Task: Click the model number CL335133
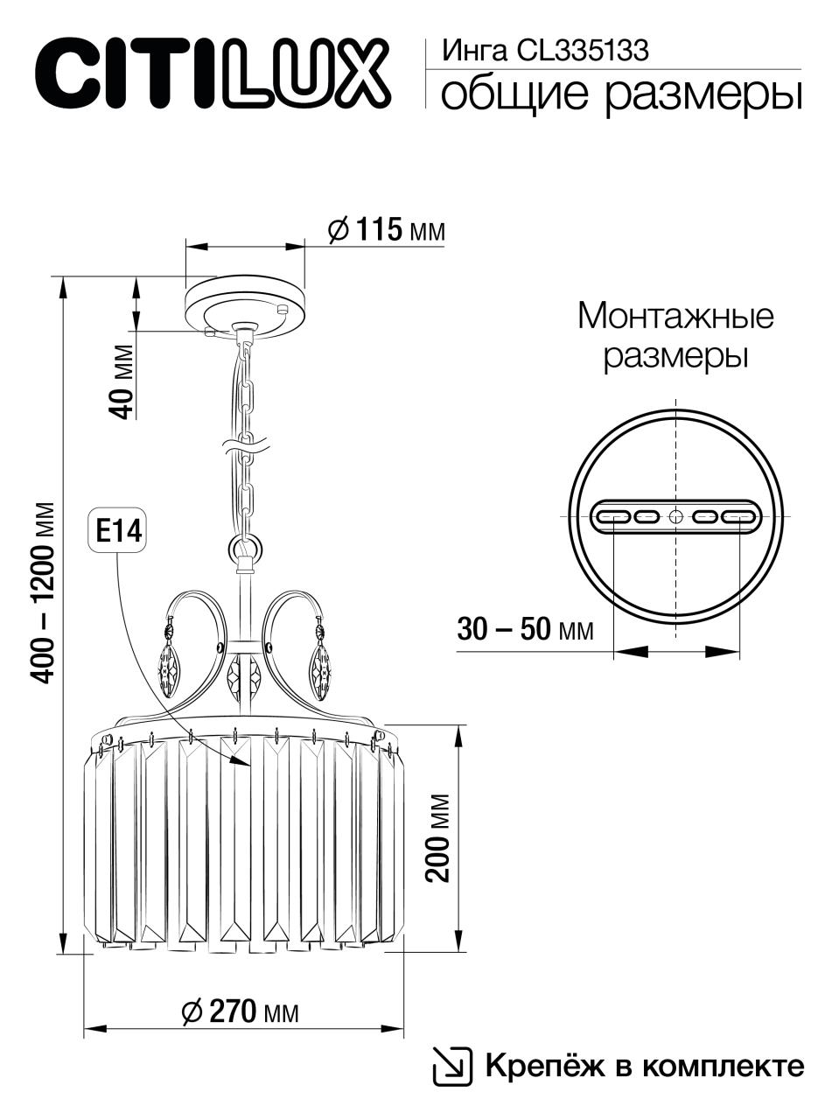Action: click(x=583, y=51)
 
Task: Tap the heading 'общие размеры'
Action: click(x=621, y=94)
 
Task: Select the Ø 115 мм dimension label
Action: click(x=386, y=230)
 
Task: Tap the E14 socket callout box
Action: click(x=118, y=533)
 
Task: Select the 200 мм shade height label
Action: click(x=438, y=838)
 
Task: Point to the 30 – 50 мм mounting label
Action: click(x=525, y=629)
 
